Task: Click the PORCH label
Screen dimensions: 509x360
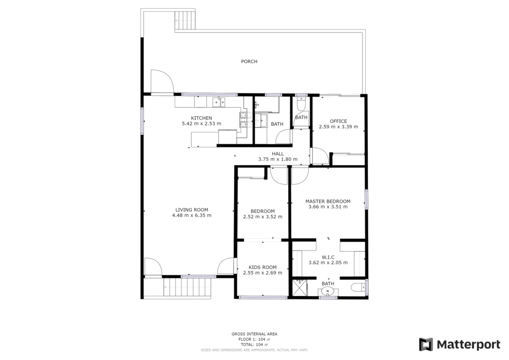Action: point(249,61)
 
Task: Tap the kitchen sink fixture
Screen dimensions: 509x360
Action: point(219,102)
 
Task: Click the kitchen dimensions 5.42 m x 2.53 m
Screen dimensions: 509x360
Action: point(201,124)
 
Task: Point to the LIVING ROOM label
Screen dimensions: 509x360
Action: point(191,210)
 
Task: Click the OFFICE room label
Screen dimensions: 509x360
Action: point(338,121)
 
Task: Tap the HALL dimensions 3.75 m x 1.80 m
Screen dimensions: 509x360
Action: point(277,160)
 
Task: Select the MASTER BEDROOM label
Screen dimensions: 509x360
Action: point(328,201)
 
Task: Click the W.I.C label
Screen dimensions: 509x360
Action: point(328,258)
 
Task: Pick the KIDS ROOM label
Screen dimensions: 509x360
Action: point(262,268)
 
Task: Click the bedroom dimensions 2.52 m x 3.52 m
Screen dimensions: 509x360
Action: point(262,217)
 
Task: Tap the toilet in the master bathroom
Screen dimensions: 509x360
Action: point(358,287)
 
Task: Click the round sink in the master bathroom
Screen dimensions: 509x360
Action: point(328,292)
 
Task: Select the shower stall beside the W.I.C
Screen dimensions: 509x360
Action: point(299,287)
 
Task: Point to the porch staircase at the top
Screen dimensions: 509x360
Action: point(185,20)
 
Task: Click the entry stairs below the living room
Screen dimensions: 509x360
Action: point(187,287)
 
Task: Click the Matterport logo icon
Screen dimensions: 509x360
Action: point(426,345)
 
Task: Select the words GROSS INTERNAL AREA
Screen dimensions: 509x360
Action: point(254,334)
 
